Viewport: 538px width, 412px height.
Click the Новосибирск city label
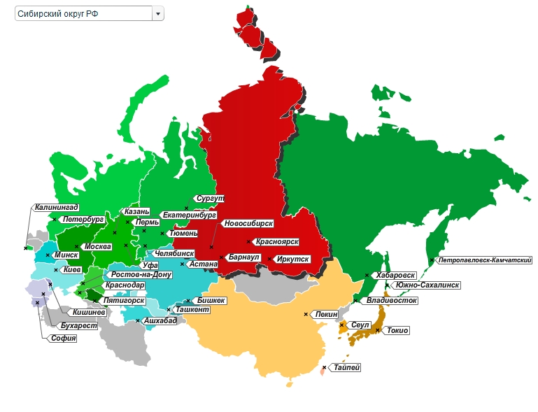click(248, 224)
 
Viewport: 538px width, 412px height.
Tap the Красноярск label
click(277, 241)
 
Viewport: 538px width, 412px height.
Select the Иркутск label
click(292, 259)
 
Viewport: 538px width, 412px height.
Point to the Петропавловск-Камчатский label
click(485, 260)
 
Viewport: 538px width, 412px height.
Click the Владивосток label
click(392, 301)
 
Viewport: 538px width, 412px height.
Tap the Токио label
click(397, 330)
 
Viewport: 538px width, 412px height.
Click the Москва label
click(97, 247)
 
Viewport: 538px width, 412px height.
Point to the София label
click(63, 339)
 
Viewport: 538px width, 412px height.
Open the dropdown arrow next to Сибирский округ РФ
click(158, 14)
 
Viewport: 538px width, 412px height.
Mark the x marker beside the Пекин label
click(306, 314)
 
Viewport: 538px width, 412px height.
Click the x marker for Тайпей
click(324, 367)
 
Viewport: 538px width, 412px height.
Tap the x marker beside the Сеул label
click(341, 325)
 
